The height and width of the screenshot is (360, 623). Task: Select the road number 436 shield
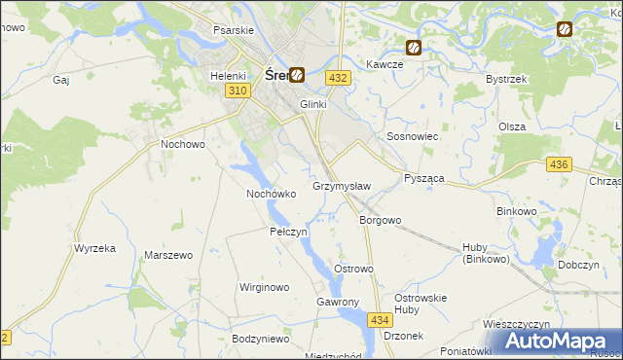point(558,166)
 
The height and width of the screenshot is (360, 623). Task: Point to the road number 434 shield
point(380,319)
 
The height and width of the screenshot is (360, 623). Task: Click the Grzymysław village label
point(341,185)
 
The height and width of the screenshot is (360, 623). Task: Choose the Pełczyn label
point(288,233)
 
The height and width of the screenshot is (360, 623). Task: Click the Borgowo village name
point(381,220)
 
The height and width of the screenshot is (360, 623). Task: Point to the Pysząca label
point(424,179)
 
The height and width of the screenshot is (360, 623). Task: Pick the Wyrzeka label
point(94,248)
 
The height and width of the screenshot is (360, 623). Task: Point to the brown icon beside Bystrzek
point(564,30)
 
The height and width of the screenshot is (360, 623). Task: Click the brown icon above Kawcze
point(413,46)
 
